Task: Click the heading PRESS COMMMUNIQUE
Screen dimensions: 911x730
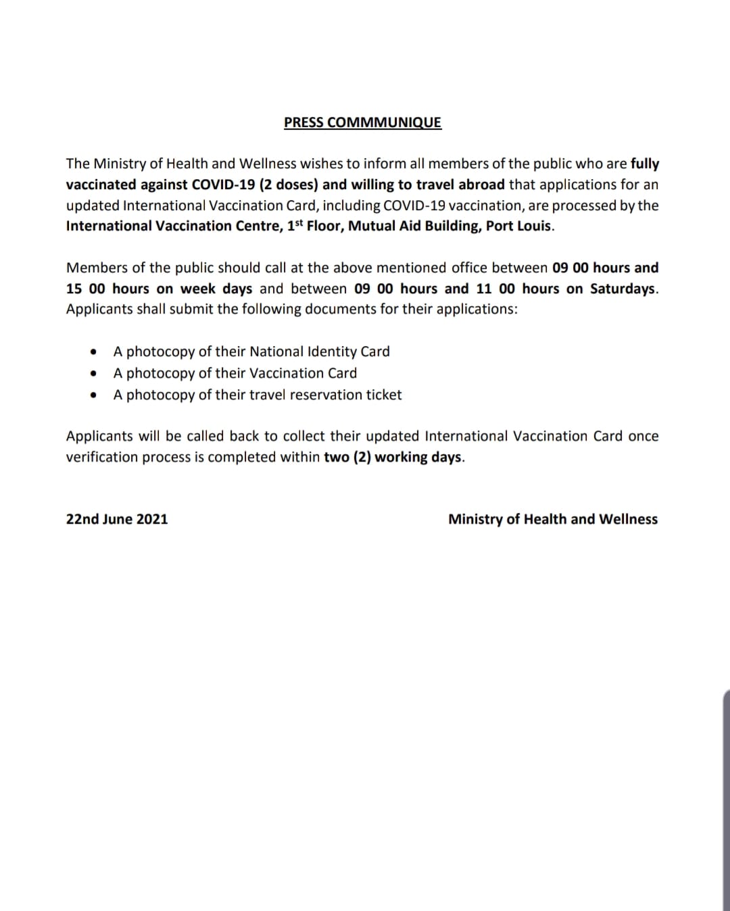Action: pyautogui.click(x=362, y=122)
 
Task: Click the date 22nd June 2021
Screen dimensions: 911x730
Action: pyautogui.click(x=117, y=519)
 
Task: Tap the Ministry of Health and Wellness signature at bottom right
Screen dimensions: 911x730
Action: pyautogui.click(x=552, y=519)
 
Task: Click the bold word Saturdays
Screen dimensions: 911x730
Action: pyautogui.click(x=623, y=289)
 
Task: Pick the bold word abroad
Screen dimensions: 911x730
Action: pyautogui.click(x=481, y=184)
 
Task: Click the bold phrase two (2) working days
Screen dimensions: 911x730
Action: pyautogui.click(x=393, y=457)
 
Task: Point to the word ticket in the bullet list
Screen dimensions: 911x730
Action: pyautogui.click(x=383, y=395)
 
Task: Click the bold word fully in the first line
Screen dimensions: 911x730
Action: pyautogui.click(x=644, y=164)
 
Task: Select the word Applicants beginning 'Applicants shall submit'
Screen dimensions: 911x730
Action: pyautogui.click(x=99, y=310)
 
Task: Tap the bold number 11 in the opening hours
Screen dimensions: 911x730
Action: pyautogui.click(x=484, y=289)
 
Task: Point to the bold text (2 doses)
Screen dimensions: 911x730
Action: pyautogui.click(x=289, y=184)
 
